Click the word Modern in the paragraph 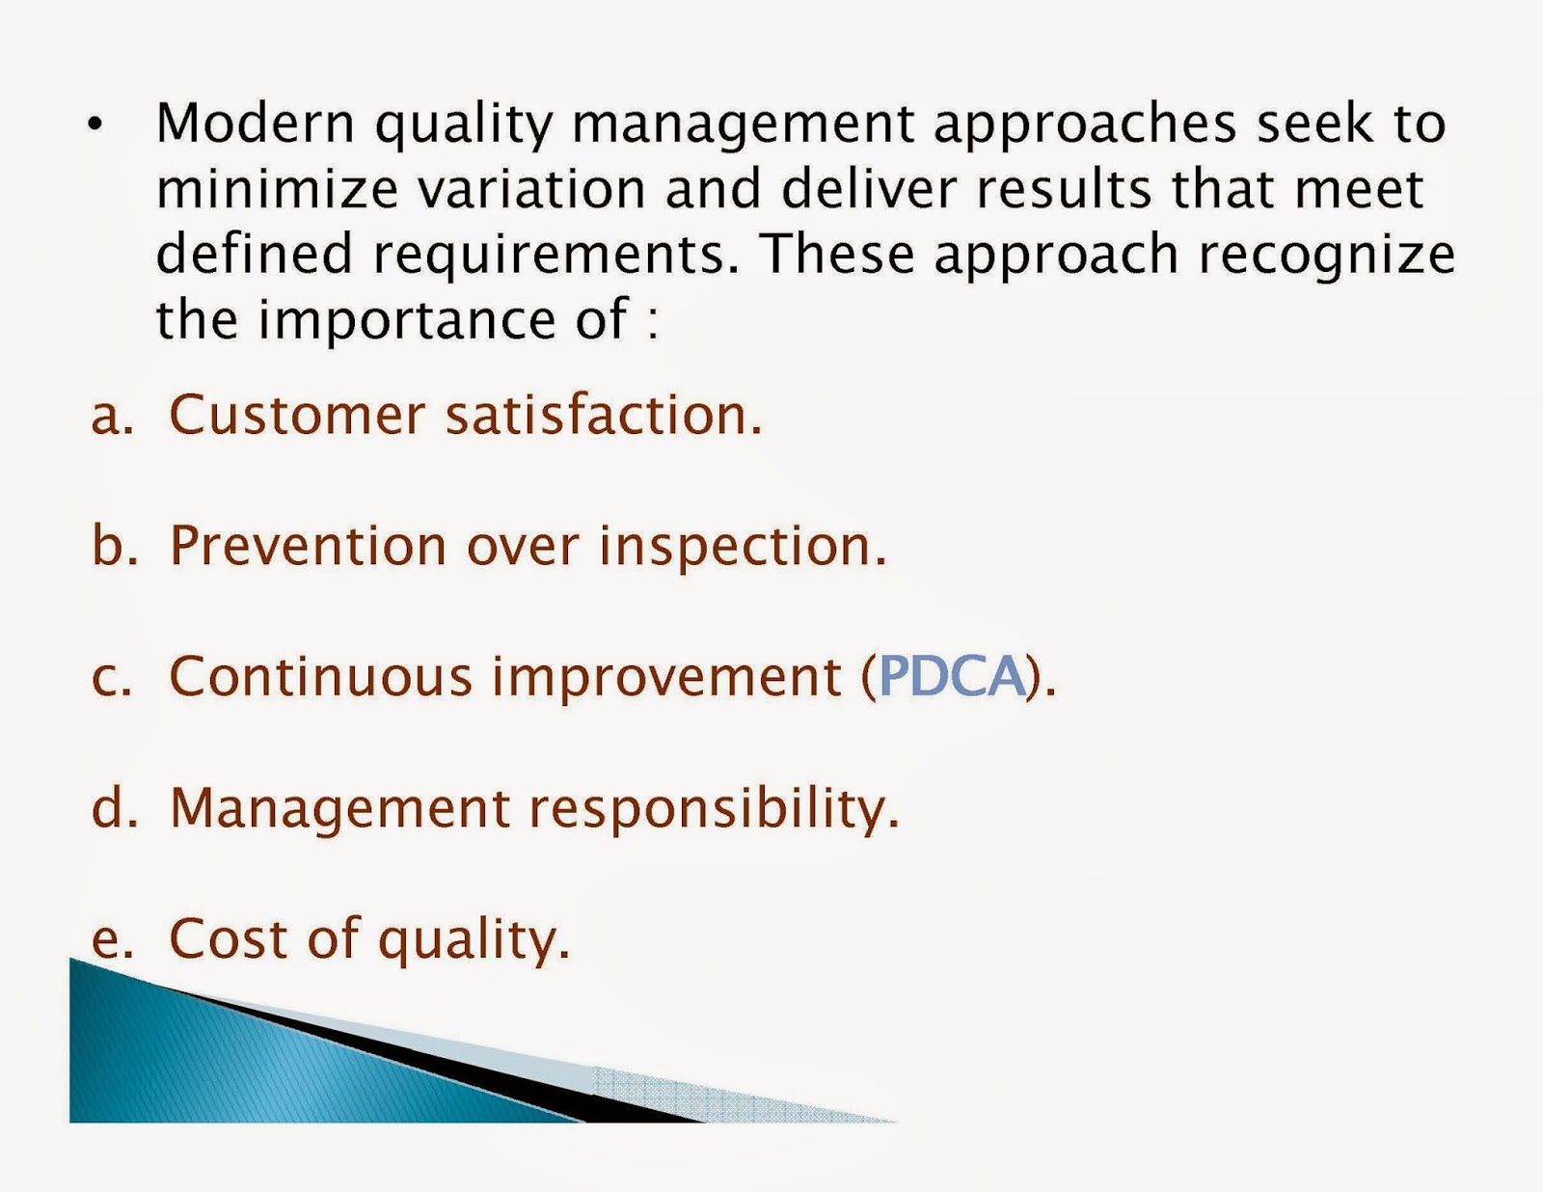256,123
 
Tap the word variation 530,189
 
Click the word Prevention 308,546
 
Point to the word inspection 741,548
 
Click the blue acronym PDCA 951,676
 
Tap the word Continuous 320,676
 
